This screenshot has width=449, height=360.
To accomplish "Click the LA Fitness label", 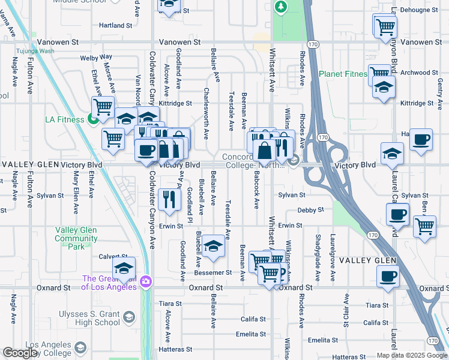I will [x=65, y=119].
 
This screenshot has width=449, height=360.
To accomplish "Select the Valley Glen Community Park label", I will [x=76, y=238].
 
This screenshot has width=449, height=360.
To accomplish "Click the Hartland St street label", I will [x=115, y=26].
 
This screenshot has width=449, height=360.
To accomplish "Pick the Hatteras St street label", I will [x=175, y=349].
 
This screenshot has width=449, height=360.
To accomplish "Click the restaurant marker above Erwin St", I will [x=170, y=199].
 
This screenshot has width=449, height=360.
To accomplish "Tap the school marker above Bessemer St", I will [x=212, y=247].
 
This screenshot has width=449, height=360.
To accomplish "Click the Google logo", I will [x=20, y=353].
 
